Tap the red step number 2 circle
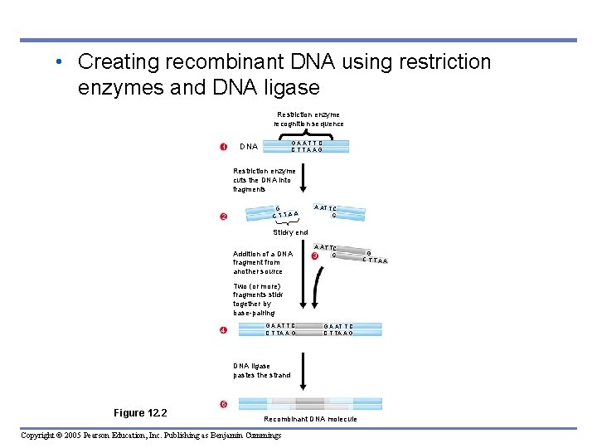223,217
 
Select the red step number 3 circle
314,256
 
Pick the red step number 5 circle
223,404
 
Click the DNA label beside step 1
248,147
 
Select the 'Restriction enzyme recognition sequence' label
308,119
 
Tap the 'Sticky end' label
290,232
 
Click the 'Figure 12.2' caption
140,412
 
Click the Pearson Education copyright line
151,436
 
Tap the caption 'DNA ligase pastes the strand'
261,370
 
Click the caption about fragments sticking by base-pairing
258,299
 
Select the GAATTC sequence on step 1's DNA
306,143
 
